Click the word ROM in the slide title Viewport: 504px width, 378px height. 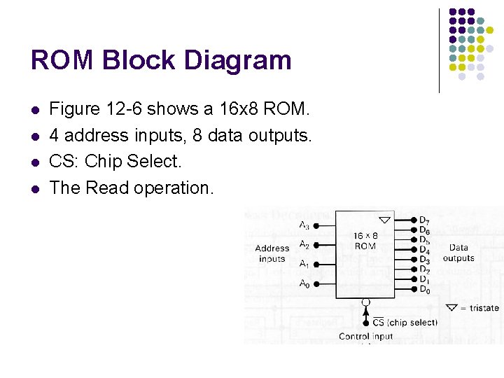[x=62, y=60]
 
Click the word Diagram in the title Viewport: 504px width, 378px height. [x=237, y=60]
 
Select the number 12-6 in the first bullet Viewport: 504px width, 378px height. [x=126, y=108]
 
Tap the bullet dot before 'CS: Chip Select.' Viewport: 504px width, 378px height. [x=35, y=162]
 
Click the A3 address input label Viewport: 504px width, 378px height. [x=304, y=225]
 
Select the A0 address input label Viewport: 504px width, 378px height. [x=304, y=283]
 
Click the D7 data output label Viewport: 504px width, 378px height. [x=424, y=221]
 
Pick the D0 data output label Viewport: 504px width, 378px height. [x=424, y=290]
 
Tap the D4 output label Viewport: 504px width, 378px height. [x=424, y=251]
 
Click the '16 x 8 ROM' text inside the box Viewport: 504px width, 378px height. [x=365, y=241]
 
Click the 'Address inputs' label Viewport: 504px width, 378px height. [x=272, y=253]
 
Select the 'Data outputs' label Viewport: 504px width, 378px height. [x=458, y=252]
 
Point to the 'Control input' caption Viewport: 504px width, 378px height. [x=365, y=336]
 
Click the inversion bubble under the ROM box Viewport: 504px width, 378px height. [x=365, y=303]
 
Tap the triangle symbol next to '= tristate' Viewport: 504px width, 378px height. [x=452, y=307]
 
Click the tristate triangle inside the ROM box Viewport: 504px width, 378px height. [x=384, y=220]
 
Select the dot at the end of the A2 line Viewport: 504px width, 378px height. [x=316, y=246]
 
